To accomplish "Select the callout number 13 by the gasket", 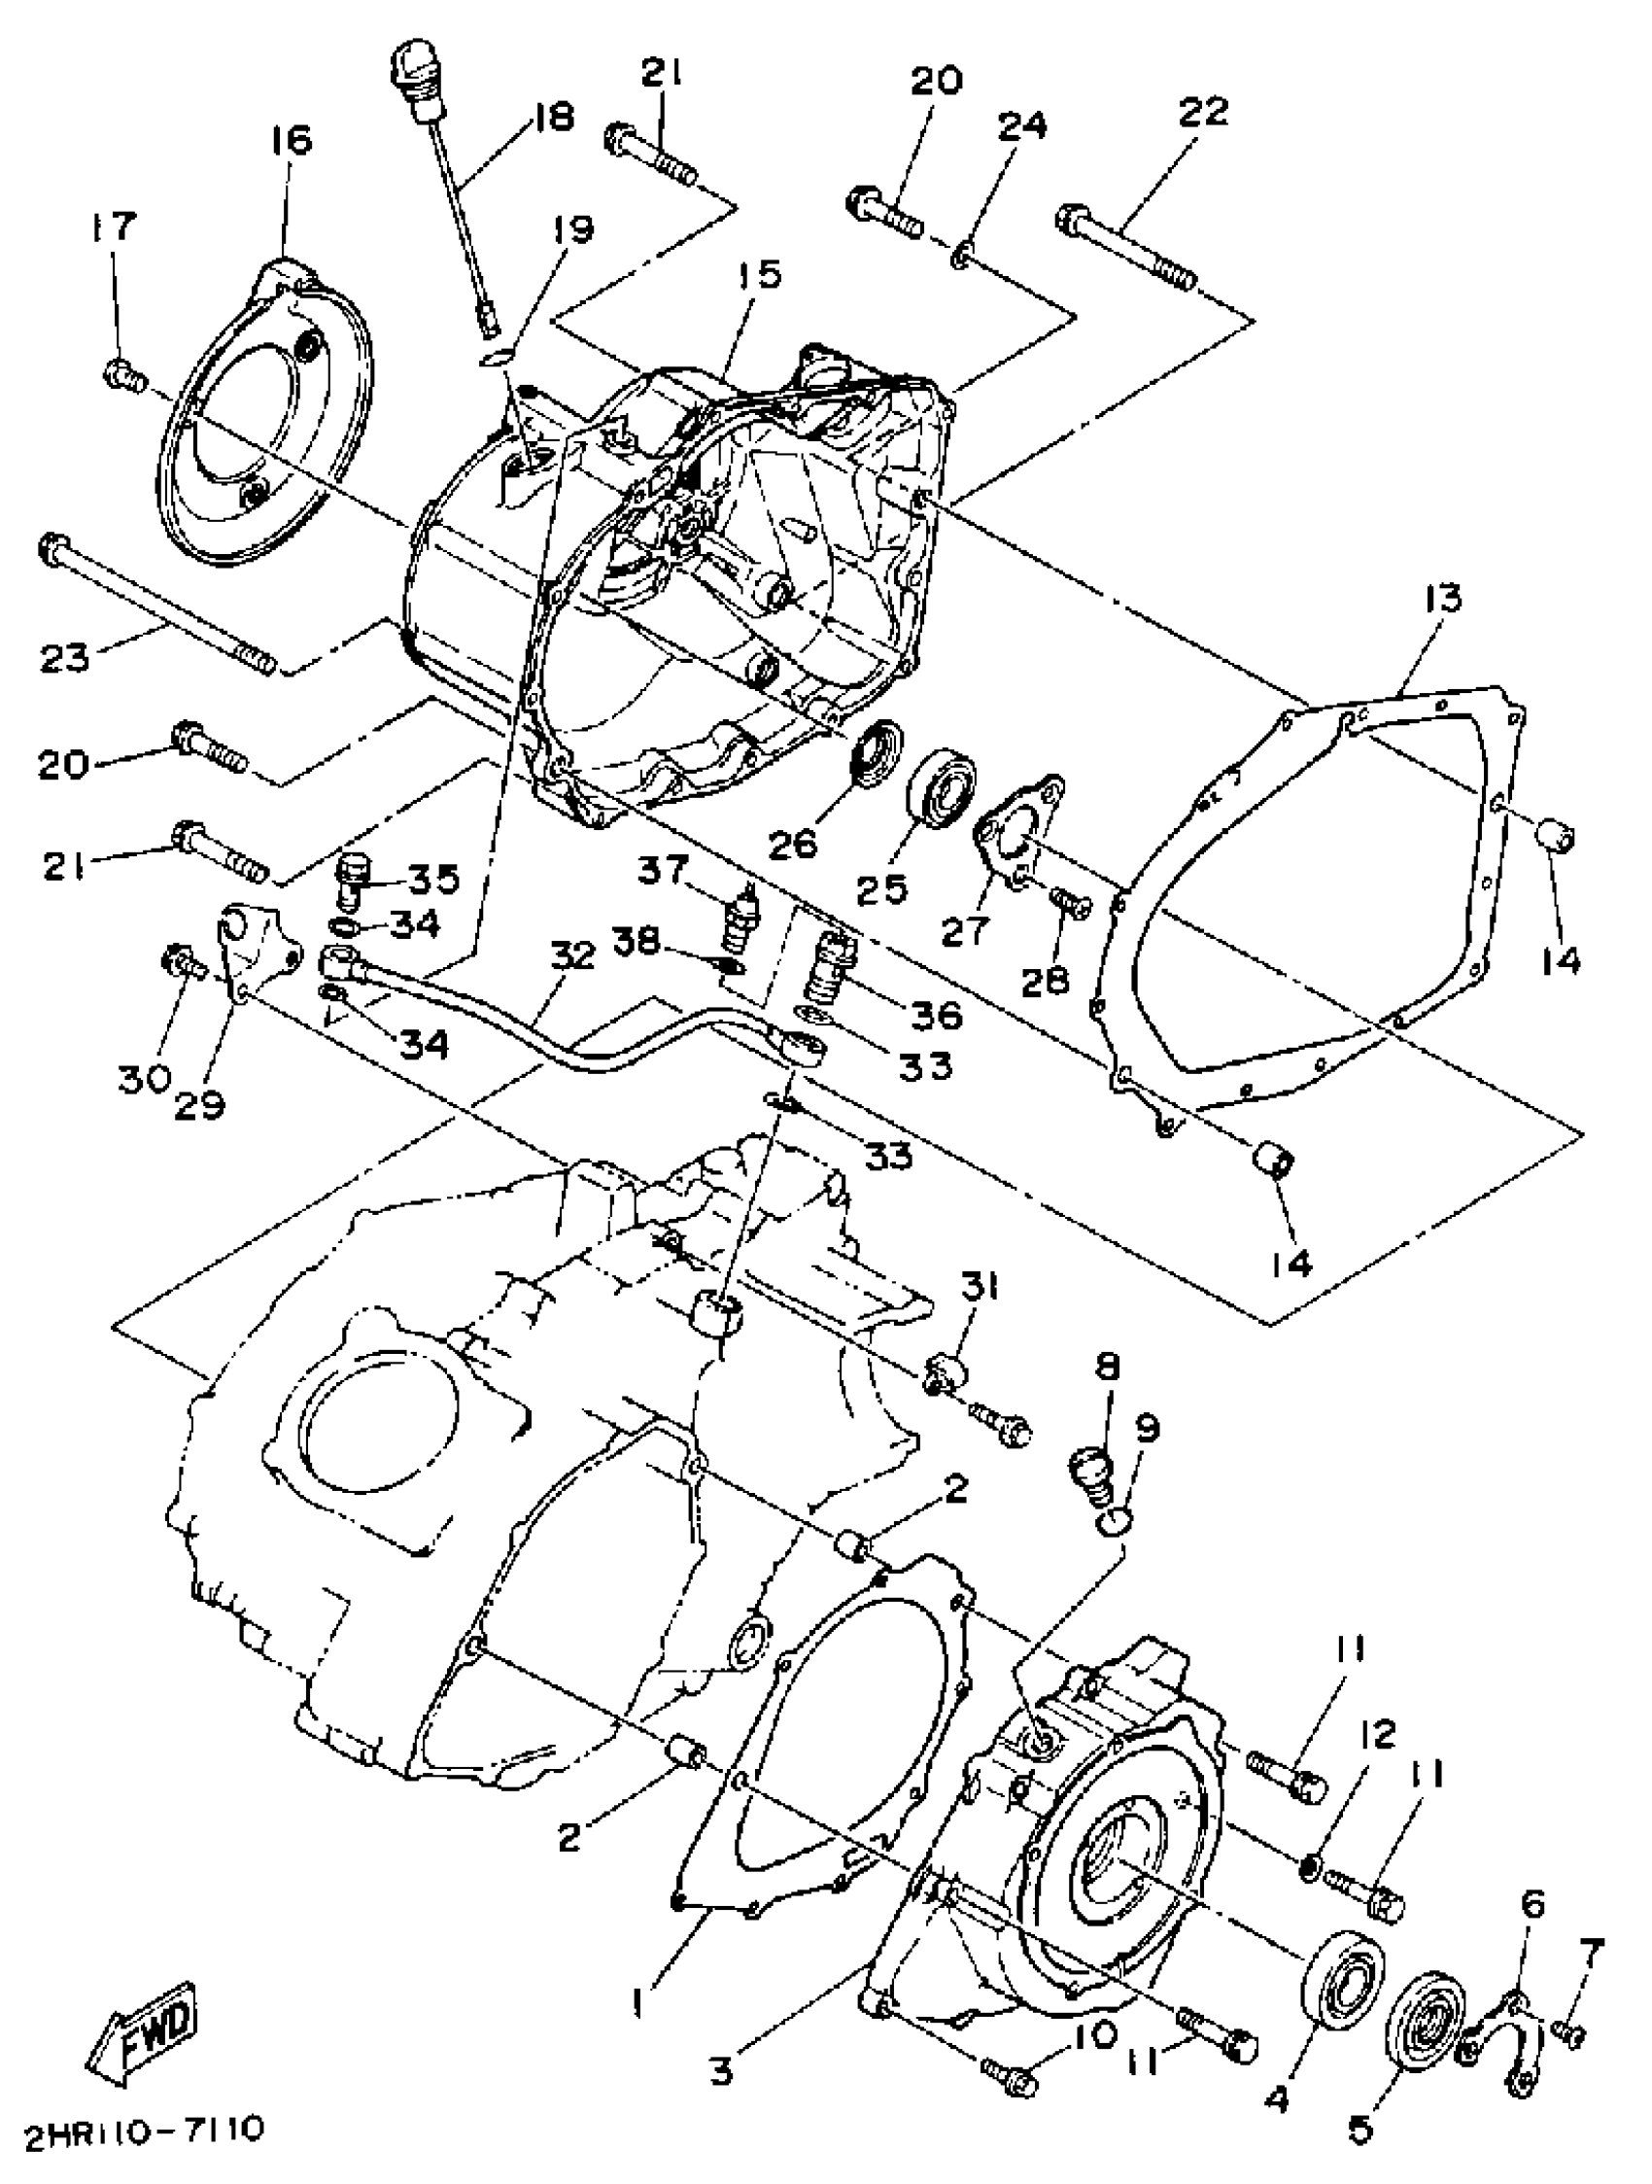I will [1441, 599].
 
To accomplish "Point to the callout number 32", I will [573, 955].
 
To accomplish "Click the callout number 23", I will [64, 658].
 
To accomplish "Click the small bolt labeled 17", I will [123, 374].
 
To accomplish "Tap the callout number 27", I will [965, 929].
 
